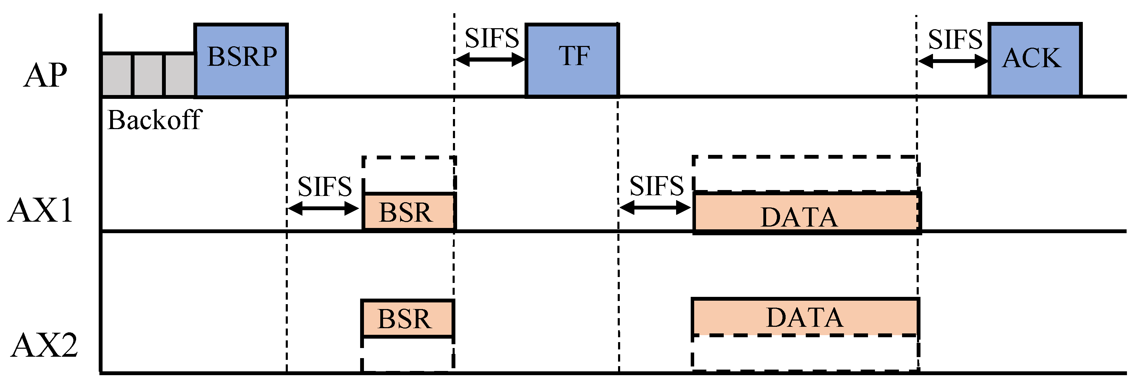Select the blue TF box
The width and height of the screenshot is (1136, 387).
(572, 60)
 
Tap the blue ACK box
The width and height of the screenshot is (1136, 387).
(1034, 60)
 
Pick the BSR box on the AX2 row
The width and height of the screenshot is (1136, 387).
(407, 318)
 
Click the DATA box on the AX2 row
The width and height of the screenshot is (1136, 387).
(804, 317)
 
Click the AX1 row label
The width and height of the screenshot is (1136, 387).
(41, 211)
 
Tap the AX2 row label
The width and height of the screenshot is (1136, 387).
(44, 345)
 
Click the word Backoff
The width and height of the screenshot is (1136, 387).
(154, 120)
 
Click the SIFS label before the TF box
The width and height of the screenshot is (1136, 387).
(492, 38)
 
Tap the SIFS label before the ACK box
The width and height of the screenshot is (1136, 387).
(955, 39)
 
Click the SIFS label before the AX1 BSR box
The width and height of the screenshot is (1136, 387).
(325, 186)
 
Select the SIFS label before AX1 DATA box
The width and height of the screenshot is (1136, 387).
(656, 185)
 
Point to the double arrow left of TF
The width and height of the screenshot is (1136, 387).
(490, 60)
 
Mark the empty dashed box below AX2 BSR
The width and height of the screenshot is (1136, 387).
(407, 354)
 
